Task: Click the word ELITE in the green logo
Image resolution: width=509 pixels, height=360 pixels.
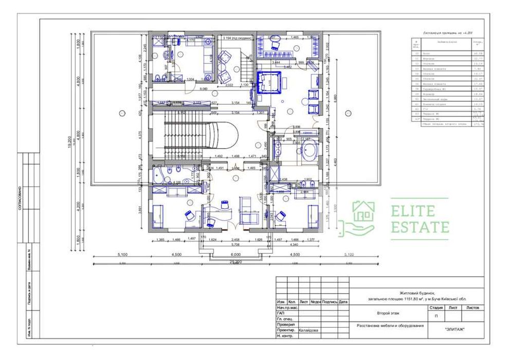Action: click(x=413, y=211)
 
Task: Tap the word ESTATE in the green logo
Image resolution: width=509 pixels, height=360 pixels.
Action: click(x=420, y=227)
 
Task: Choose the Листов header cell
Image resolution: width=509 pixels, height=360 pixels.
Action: click(x=472, y=307)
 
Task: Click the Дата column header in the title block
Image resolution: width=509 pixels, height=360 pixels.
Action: click(x=343, y=302)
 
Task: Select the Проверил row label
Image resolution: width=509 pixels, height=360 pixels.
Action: click(x=286, y=325)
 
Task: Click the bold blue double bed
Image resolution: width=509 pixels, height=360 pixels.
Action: click(x=267, y=82)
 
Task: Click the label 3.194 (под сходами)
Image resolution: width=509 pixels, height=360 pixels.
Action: click(x=237, y=38)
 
